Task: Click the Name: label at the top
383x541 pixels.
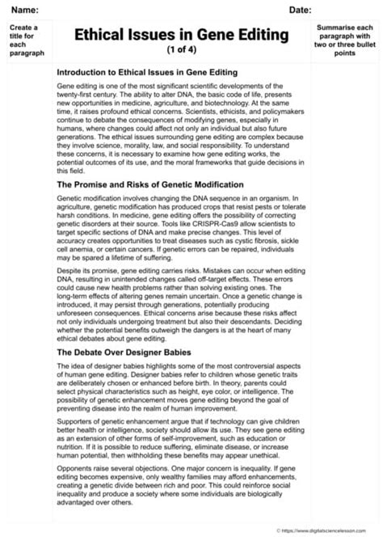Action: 25,10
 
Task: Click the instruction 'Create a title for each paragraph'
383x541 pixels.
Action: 27,41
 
